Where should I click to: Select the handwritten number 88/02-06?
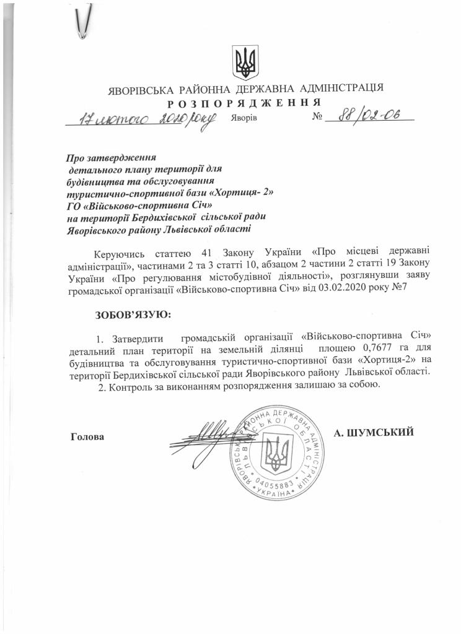tap(365, 116)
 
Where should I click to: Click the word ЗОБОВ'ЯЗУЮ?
tap(133, 315)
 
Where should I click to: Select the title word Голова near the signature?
tap(88, 436)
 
